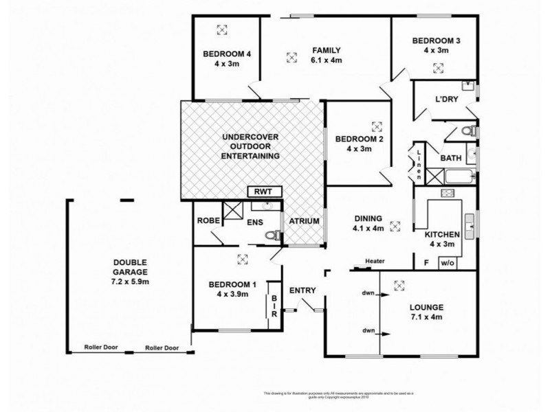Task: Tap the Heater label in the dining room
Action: click(374, 261)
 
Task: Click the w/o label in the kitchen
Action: click(447, 262)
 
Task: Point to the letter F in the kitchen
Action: click(426, 262)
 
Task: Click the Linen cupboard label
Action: click(417, 163)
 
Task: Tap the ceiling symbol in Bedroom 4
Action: click(221, 29)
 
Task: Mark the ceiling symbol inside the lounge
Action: click(401, 286)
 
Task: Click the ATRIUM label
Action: click(303, 221)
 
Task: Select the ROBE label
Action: click(208, 221)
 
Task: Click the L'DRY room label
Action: click(446, 100)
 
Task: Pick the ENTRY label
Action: click(302, 290)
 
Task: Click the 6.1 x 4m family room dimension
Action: click(326, 60)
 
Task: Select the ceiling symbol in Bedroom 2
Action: click(376, 126)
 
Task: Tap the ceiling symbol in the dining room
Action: click(395, 225)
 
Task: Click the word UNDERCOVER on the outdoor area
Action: click(250, 137)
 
